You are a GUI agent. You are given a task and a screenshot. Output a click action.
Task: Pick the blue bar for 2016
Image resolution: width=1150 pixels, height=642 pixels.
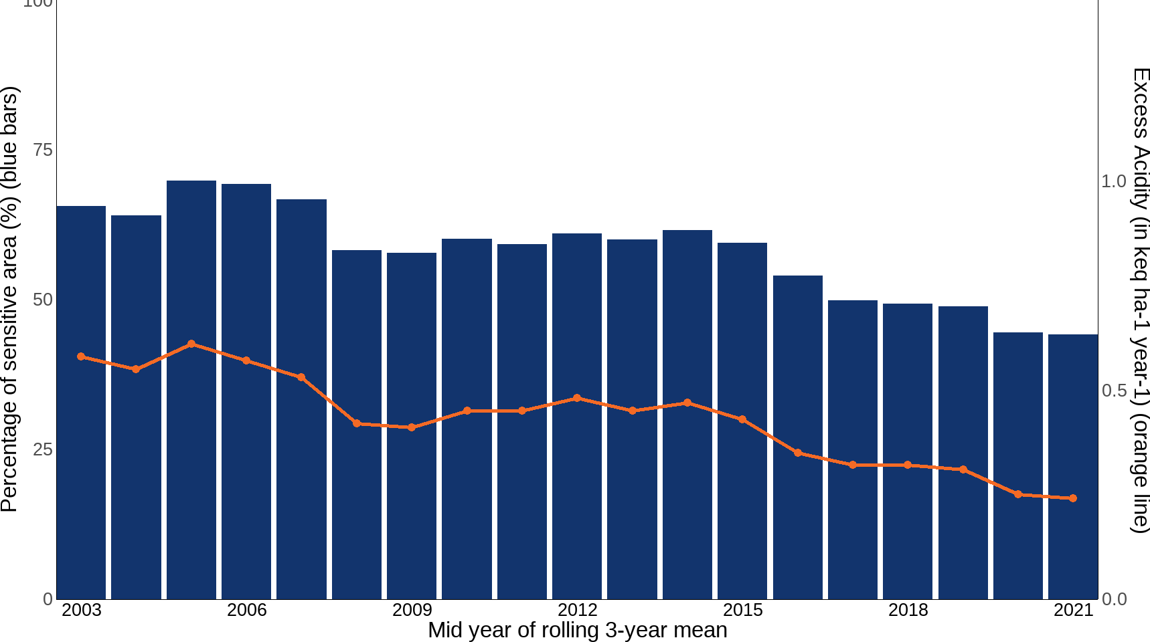pos(798,437)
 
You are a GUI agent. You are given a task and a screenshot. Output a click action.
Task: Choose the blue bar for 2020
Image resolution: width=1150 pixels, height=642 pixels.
pos(1018,465)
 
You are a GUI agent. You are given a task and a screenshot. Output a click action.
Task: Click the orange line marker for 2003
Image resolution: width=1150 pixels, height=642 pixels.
pos(81,356)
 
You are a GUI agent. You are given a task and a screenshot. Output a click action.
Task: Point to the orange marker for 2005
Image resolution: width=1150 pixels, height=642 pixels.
pos(191,344)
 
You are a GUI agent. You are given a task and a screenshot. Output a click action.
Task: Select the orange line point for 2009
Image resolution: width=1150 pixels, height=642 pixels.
pos(412,427)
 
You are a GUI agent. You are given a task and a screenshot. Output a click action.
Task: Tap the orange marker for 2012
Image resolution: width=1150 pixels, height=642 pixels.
pos(577,398)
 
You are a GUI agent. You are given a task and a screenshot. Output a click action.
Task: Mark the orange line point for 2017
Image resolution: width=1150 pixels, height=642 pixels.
pos(853,465)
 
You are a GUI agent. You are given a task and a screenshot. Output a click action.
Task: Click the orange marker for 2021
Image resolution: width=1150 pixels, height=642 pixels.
pos(1073,498)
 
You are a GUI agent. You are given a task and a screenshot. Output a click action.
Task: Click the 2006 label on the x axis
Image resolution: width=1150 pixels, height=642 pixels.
pos(246,610)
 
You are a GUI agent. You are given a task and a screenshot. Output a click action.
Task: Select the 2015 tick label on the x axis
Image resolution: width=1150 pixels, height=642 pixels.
pos(742,610)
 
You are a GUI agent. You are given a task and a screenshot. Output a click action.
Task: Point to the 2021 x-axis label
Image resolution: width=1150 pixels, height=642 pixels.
pos(1073,610)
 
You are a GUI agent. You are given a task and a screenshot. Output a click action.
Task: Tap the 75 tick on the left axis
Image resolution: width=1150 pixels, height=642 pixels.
pos(43,150)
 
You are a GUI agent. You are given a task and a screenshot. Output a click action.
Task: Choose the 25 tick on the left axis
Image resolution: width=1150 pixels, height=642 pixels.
pos(43,449)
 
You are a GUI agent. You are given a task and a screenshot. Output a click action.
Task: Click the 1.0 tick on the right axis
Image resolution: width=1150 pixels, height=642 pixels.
pos(1115,181)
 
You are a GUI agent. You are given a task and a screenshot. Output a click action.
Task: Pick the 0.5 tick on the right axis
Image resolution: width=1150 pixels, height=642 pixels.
pos(1115,390)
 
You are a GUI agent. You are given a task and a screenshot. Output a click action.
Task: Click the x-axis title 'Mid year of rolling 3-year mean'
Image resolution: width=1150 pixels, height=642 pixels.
pos(577,630)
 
